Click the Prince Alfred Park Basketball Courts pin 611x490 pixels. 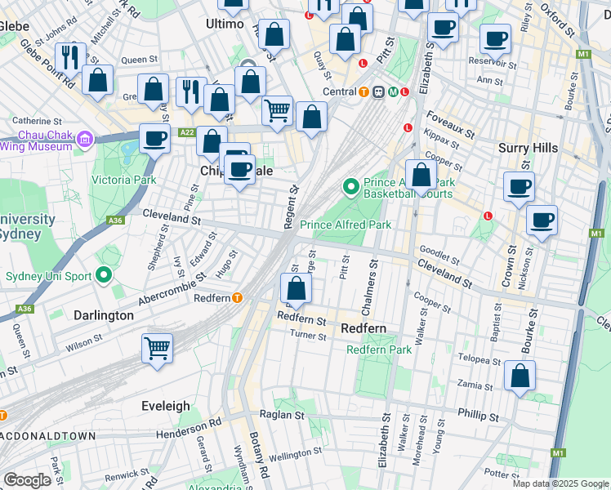(351, 189)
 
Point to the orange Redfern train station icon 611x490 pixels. (238, 298)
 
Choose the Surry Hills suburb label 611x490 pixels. (528, 148)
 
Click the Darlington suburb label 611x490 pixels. (103, 315)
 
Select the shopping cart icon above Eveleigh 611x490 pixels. (158, 349)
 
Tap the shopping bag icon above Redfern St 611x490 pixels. (296, 287)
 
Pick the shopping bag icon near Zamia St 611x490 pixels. (520, 376)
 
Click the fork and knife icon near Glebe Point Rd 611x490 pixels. (70, 56)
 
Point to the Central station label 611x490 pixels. (338, 91)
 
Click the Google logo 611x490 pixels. (27, 480)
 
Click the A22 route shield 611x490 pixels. (186, 132)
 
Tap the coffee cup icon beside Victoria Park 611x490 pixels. (154, 139)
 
